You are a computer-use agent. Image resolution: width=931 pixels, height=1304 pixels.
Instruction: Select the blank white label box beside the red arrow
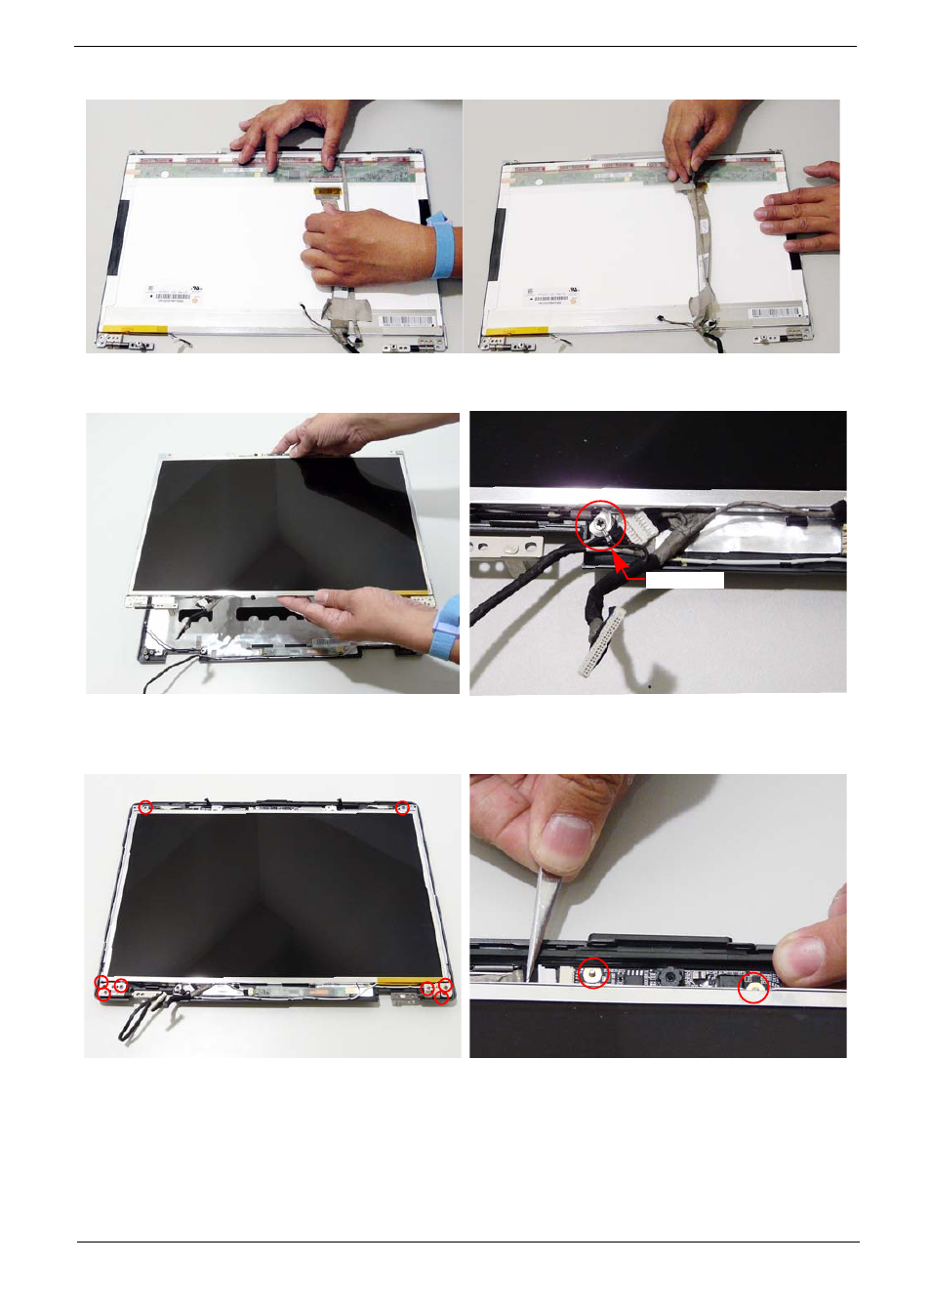(684, 581)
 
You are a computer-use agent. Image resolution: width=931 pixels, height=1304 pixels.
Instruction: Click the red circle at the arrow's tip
(601, 525)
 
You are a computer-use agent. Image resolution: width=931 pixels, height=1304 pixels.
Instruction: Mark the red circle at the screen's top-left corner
(144, 807)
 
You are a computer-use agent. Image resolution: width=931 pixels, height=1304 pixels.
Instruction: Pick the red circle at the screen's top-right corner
(402, 808)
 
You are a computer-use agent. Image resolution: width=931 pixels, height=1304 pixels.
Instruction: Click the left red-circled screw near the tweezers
(592, 972)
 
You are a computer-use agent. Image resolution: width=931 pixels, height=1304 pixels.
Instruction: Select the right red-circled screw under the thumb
(752, 988)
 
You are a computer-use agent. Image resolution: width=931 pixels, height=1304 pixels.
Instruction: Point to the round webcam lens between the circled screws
(671, 975)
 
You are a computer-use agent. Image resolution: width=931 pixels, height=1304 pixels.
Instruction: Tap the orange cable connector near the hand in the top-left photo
(328, 193)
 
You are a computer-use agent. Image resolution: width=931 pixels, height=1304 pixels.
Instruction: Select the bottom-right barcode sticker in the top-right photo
(778, 313)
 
